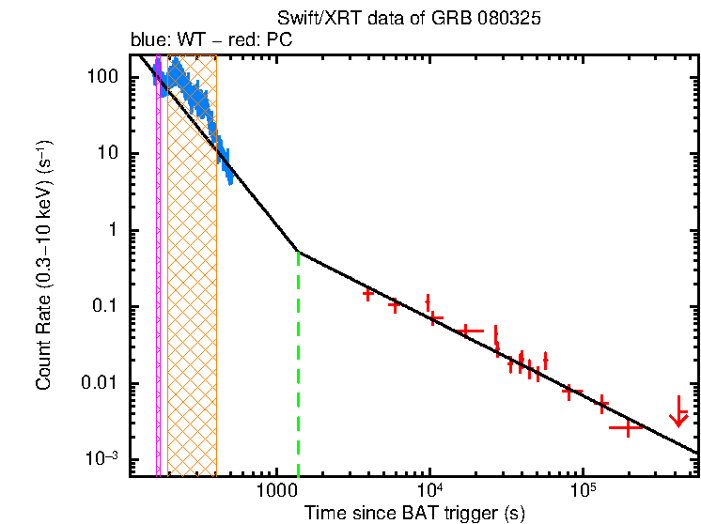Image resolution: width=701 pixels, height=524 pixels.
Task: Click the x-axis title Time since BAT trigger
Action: click(x=414, y=513)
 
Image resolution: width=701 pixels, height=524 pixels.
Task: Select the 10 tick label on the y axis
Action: click(x=113, y=154)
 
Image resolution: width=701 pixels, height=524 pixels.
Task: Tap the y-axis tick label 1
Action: click(x=117, y=230)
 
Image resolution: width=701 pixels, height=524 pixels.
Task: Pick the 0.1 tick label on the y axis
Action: click(x=110, y=307)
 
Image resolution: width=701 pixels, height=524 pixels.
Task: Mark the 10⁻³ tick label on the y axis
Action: click(x=106, y=459)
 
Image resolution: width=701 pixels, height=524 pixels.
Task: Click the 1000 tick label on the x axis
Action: click(x=276, y=491)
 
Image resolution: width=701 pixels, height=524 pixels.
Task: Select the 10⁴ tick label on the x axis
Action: click(x=429, y=491)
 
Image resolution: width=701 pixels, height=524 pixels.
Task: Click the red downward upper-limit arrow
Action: click(x=678, y=412)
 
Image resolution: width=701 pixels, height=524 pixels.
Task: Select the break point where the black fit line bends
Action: click(x=299, y=252)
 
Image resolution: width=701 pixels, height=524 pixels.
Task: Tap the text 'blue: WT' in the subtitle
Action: click(x=159, y=40)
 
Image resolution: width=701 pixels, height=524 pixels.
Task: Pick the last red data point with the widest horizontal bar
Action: click(x=625, y=427)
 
